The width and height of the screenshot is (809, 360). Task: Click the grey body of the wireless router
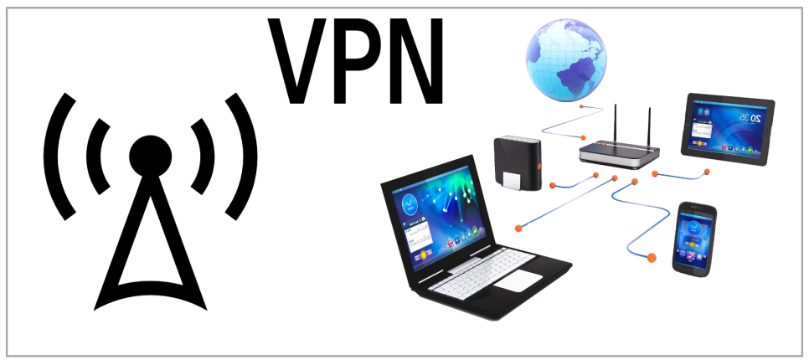(x=620, y=154)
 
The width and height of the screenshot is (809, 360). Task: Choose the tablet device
(x=727, y=126)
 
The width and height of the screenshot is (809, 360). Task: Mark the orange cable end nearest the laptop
(x=520, y=226)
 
